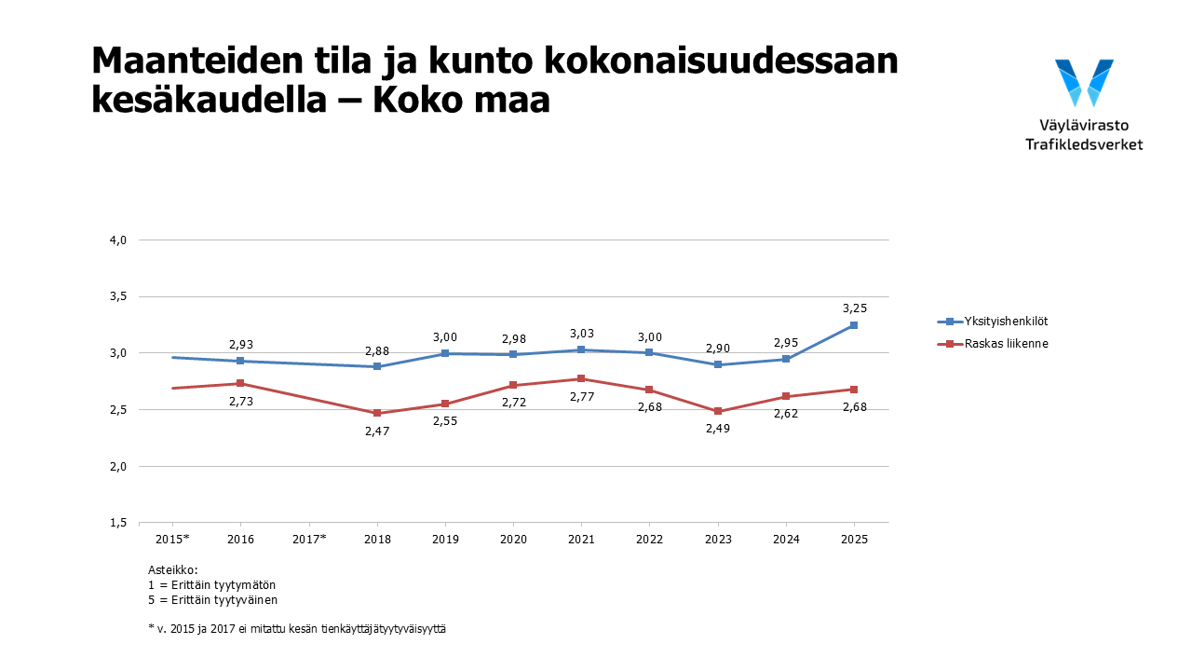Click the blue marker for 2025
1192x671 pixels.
[853, 325]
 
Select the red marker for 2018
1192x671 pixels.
[377, 413]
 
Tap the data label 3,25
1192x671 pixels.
[855, 308]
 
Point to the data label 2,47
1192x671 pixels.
[377, 431]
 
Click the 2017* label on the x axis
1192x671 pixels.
[309, 540]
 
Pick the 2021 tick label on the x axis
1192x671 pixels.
[581, 540]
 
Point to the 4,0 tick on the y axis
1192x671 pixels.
[117, 240]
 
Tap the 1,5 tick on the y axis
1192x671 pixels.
[117, 523]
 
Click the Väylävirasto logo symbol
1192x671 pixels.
[1084, 83]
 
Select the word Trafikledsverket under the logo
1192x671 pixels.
[1084, 144]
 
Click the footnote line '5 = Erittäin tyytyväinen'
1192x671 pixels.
[212, 600]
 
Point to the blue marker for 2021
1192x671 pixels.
[581, 349]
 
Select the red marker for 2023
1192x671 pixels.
[718, 411]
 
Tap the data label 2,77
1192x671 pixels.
[581, 397]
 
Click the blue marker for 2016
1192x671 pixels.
[240, 361]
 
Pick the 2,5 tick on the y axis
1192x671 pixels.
[117, 410]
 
